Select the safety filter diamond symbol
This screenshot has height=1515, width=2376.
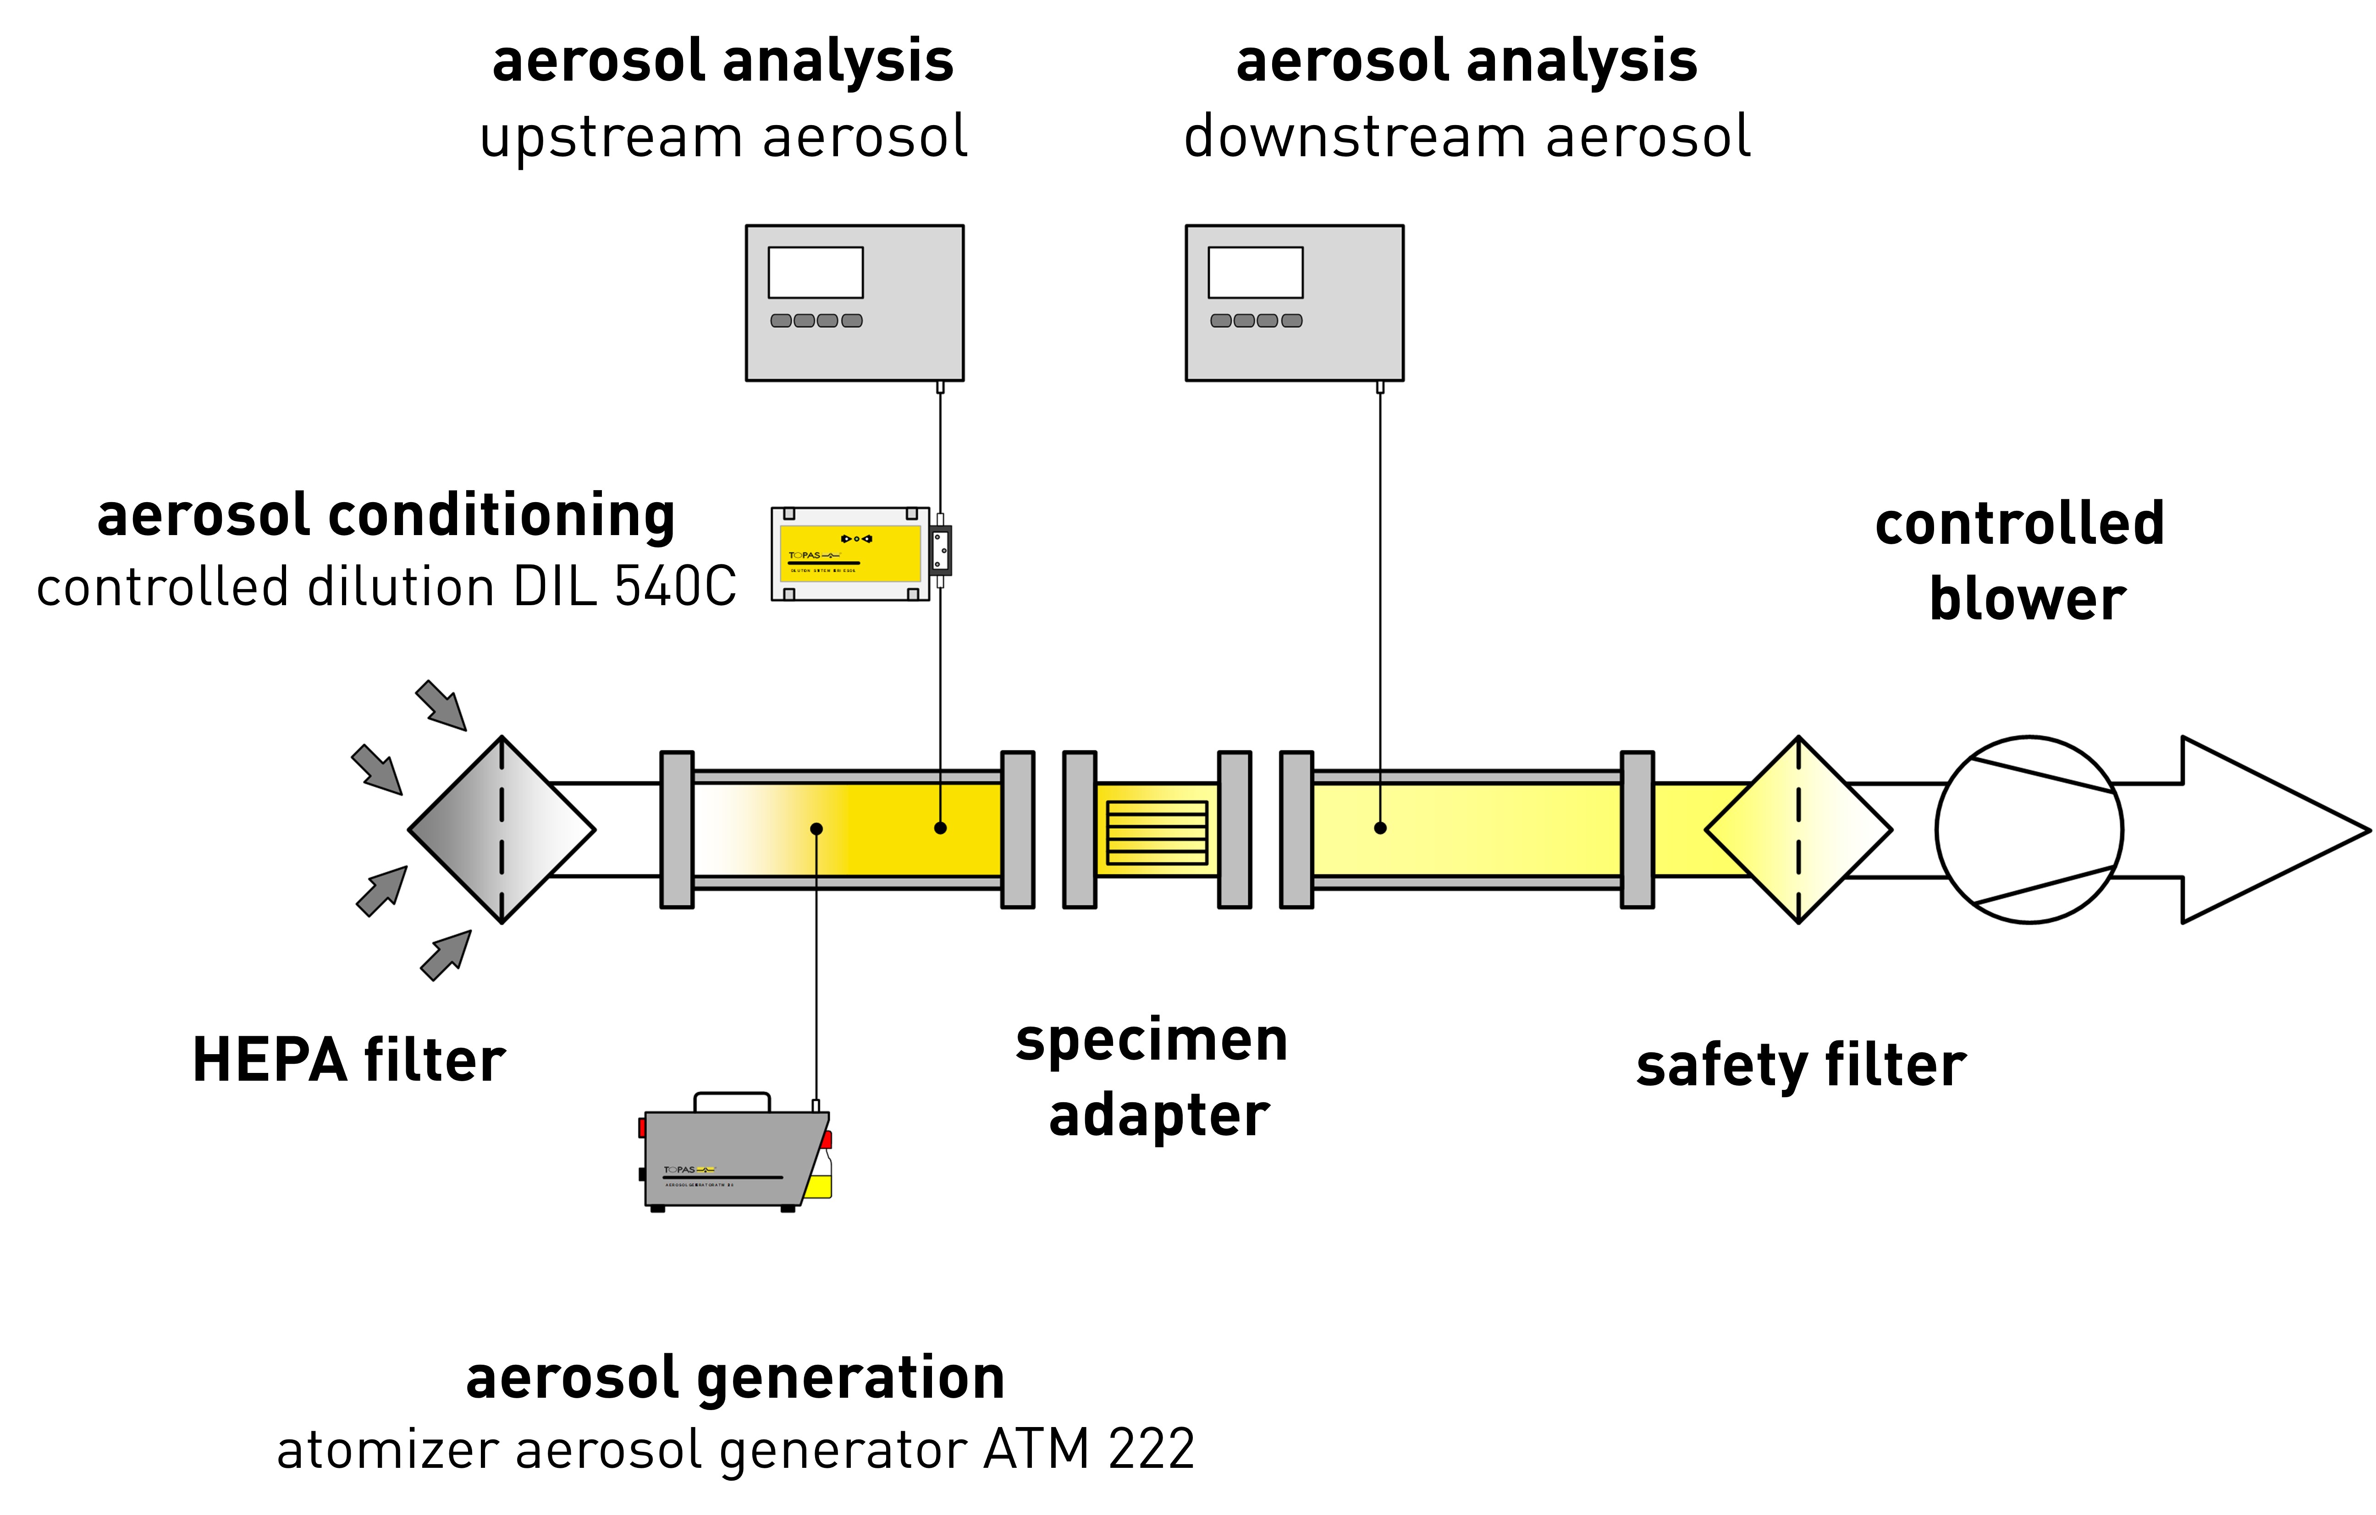[1798, 830]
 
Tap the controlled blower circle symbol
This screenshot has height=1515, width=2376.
[2029, 830]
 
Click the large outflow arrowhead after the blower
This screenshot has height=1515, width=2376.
[2270, 830]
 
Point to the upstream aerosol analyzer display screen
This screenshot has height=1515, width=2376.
[815, 272]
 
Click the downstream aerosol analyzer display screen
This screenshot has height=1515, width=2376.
[1255, 272]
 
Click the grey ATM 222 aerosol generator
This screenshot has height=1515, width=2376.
[730, 1159]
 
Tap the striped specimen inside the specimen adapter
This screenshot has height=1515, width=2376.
[1157, 832]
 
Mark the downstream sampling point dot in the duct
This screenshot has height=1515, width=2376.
[1379, 827]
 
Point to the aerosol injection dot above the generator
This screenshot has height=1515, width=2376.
[816, 829]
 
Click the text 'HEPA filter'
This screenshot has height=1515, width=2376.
[348, 1060]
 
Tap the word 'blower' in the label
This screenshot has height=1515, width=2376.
[2027, 599]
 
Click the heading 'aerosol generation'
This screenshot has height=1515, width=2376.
[735, 1378]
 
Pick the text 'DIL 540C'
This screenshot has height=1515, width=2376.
[624, 587]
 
